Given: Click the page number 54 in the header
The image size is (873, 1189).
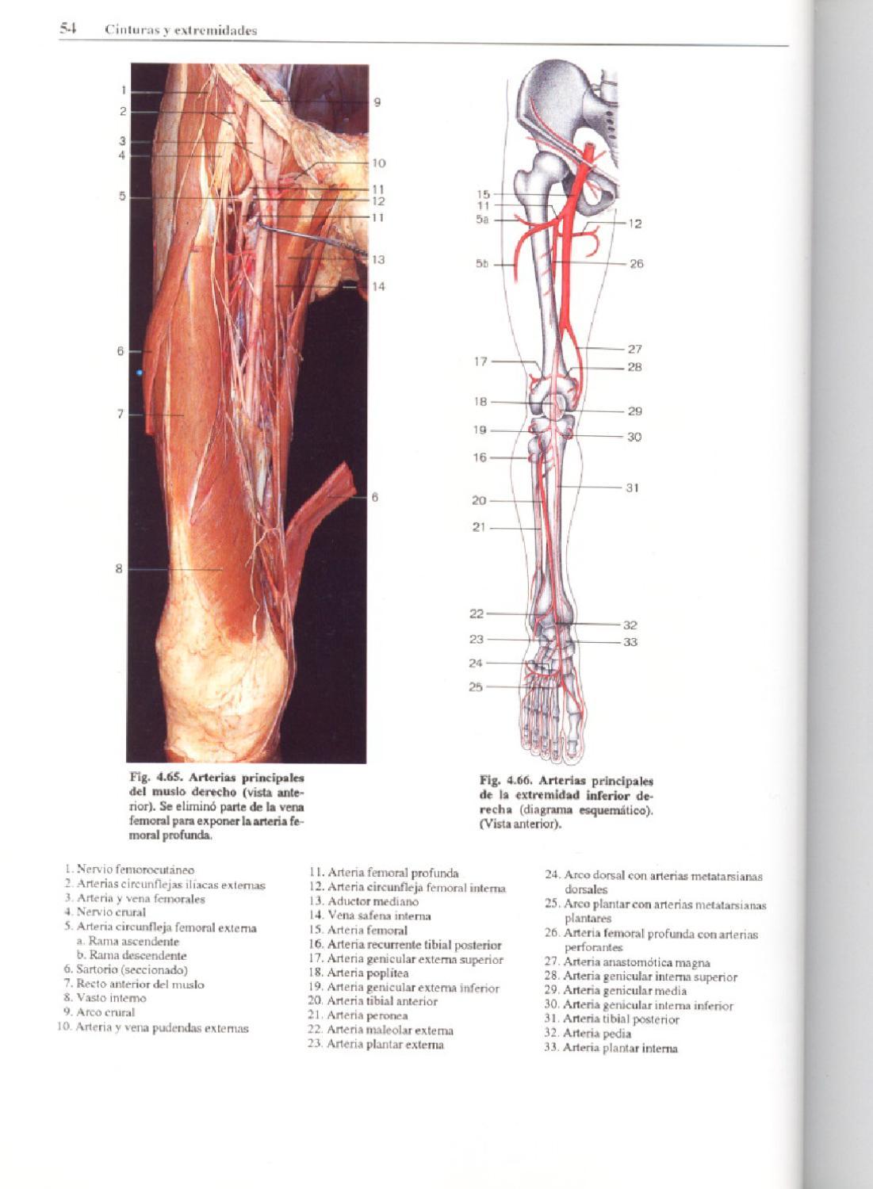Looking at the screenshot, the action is [x=67, y=29].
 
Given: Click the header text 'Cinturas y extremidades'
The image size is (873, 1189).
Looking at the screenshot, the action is [x=181, y=31].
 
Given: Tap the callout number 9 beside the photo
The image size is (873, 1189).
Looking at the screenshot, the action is [x=377, y=102].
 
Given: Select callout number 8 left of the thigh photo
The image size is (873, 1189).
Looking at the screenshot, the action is [x=119, y=568].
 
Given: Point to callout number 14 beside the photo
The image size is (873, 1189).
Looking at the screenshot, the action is [x=378, y=286].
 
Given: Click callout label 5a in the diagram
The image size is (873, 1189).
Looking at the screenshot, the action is [x=482, y=220].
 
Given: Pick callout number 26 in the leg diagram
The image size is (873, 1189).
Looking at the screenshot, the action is [x=636, y=263].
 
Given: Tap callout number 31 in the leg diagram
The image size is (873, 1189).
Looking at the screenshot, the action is [x=632, y=487].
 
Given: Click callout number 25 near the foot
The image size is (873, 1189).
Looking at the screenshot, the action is [x=476, y=686].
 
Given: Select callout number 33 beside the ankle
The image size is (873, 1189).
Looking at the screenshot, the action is [x=630, y=641].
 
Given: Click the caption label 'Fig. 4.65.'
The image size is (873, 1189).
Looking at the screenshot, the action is [x=155, y=778].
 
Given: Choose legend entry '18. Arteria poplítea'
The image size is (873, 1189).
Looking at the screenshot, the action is [x=359, y=973].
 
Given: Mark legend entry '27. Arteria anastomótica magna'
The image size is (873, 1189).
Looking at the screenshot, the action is [x=627, y=962].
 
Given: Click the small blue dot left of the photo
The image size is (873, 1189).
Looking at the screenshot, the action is [x=140, y=372].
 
